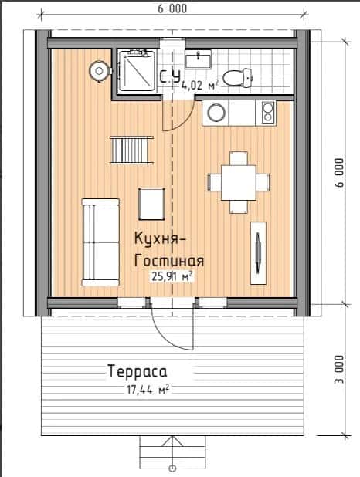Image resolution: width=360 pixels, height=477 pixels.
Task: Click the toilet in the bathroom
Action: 237,78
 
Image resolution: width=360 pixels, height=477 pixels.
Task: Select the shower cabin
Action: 137,71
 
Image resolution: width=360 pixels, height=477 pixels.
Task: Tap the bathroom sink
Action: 199,59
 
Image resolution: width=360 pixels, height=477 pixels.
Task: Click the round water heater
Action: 100,71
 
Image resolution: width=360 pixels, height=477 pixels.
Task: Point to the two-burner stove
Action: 268,112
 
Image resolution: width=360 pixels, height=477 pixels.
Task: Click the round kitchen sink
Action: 216,113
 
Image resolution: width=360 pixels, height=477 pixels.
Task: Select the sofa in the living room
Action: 100,242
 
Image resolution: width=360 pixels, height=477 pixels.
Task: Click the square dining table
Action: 239,182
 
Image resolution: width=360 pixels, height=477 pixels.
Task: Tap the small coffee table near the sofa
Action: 151,204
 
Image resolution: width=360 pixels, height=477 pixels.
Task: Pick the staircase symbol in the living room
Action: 132,151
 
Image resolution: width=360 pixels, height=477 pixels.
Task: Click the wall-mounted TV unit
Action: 258,253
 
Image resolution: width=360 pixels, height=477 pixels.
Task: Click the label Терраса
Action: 138,371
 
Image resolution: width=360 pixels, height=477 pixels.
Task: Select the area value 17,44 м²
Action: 148,390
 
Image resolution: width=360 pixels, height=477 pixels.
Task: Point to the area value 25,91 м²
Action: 172,276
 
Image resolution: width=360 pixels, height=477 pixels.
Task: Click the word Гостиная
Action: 169,260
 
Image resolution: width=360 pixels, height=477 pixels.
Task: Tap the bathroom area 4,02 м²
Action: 200,85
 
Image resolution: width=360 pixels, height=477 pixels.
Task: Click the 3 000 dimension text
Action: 340,369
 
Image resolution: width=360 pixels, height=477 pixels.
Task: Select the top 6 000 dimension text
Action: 172,8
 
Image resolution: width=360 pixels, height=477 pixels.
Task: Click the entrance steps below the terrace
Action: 172,452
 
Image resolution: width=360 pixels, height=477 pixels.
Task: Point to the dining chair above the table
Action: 239,158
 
